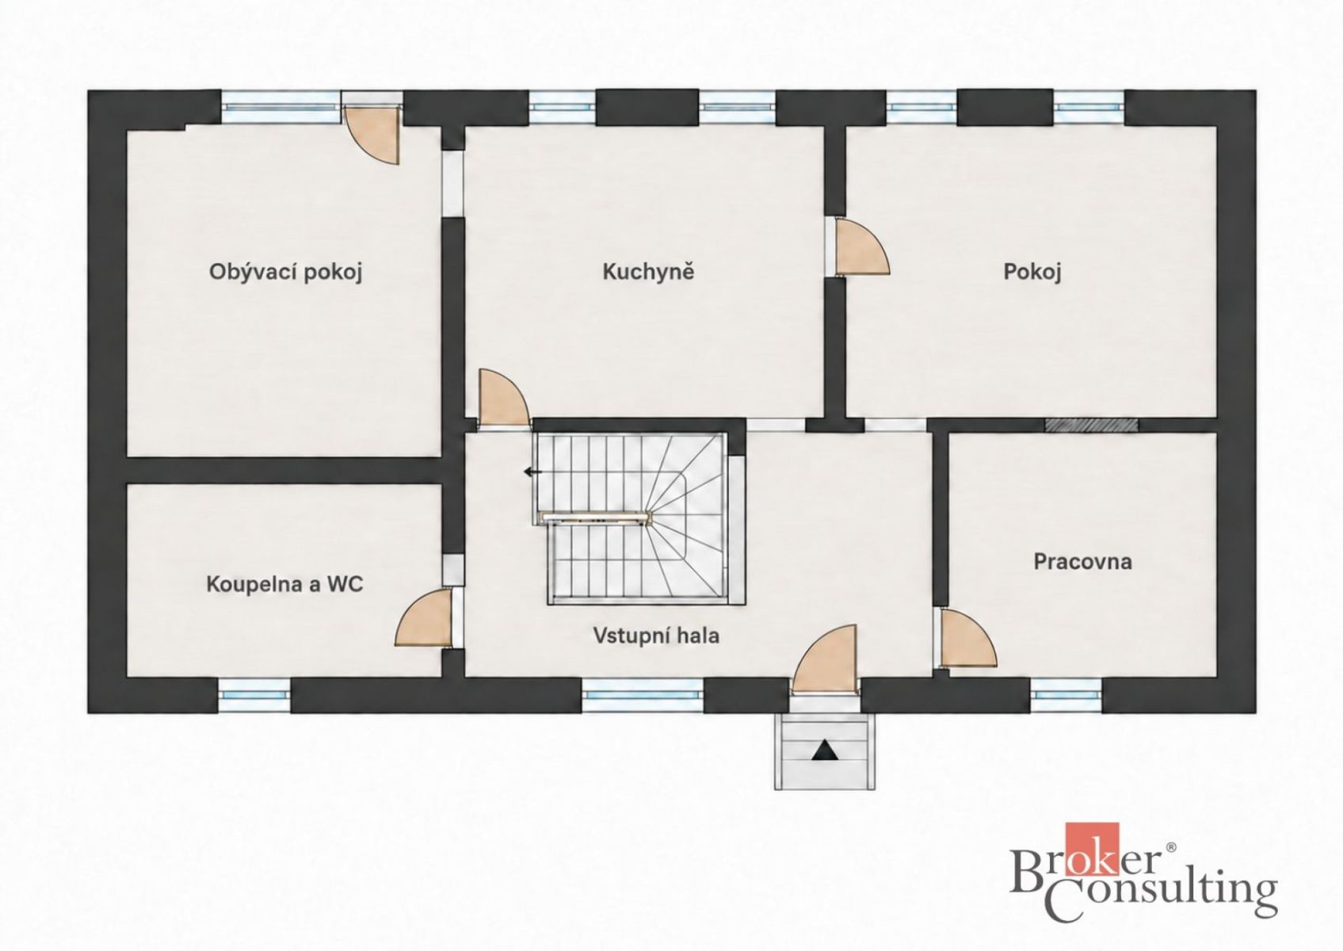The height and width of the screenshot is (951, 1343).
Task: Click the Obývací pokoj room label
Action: [285, 273]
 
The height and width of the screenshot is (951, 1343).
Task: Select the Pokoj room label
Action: [1032, 273]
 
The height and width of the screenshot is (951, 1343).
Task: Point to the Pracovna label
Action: [1083, 562]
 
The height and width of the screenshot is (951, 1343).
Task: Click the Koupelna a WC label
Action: [284, 584]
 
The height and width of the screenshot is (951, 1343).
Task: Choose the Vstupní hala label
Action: [657, 636]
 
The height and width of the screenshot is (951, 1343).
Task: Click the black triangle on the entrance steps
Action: [826, 750]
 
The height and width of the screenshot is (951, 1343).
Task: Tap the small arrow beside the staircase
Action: [532, 472]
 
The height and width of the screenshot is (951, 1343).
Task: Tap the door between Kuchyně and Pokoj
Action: [861, 247]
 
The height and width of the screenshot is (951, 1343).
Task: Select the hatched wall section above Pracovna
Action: [1091, 425]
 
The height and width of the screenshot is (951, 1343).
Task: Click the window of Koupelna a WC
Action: [254, 695]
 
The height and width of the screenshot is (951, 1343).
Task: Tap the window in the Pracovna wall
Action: [1066, 695]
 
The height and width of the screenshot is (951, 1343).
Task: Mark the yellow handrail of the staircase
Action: [593, 516]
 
